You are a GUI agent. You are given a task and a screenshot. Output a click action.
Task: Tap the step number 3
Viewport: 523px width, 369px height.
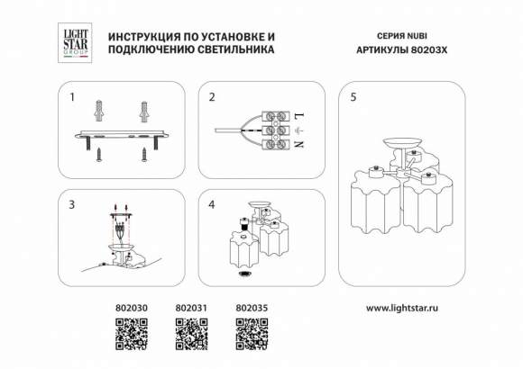(x=72, y=205)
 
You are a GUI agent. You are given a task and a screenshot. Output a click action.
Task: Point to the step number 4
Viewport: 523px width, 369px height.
(x=212, y=205)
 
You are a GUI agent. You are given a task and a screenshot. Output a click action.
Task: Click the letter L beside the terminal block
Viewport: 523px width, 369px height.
(x=299, y=116)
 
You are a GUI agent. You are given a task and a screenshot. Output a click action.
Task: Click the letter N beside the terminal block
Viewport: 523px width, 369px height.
(x=299, y=144)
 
